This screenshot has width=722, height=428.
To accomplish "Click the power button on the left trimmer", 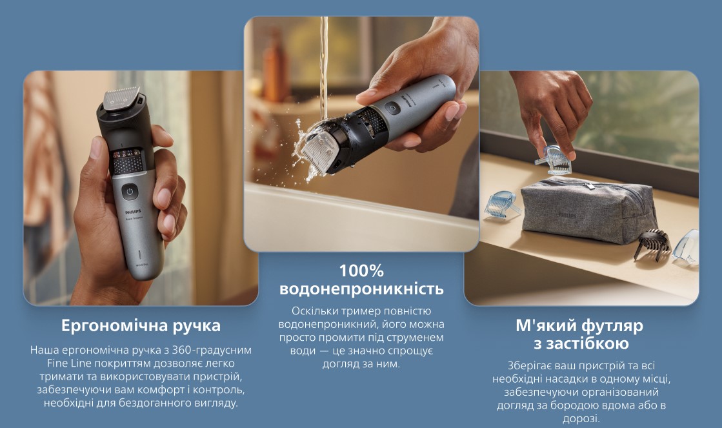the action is [x=130, y=192].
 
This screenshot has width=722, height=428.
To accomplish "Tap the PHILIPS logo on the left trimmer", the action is [x=134, y=212].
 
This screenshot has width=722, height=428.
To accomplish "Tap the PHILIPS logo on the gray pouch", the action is [x=567, y=215].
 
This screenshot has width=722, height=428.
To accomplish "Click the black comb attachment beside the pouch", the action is [x=652, y=243].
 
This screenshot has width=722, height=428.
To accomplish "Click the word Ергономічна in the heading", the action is [x=114, y=326].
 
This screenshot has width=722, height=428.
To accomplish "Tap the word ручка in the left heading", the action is [x=197, y=327].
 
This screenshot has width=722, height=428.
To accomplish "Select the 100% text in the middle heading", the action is [x=361, y=271].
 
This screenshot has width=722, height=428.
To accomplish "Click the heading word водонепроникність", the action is [x=361, y=289].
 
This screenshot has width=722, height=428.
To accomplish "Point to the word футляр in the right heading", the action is [x=612, y=326].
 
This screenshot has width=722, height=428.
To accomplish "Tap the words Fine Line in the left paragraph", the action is [x=69, y=363].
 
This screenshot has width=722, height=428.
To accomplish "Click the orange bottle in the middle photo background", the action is [x=276, y=69].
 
